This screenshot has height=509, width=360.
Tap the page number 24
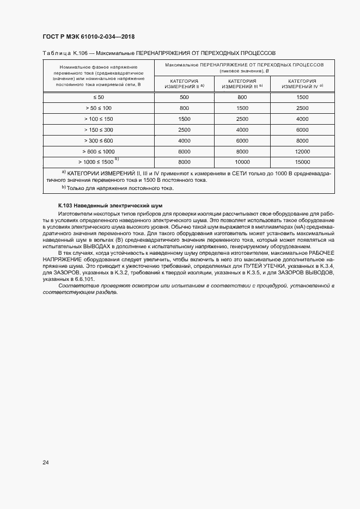[46, 463]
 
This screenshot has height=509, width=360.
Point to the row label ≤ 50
[98, 97]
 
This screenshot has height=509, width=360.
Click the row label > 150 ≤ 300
[98, 130]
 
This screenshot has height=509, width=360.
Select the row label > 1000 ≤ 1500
[98, 162]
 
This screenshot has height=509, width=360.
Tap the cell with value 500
[184, 97]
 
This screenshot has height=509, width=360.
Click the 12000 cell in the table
[302, 151]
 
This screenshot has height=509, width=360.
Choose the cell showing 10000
[242, 162]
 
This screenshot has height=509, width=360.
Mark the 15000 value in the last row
[302, 162]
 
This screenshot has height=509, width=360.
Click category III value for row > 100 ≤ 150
[242, 119]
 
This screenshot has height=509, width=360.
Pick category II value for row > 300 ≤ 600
[184, 140]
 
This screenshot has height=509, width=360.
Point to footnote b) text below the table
[117, 188]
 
